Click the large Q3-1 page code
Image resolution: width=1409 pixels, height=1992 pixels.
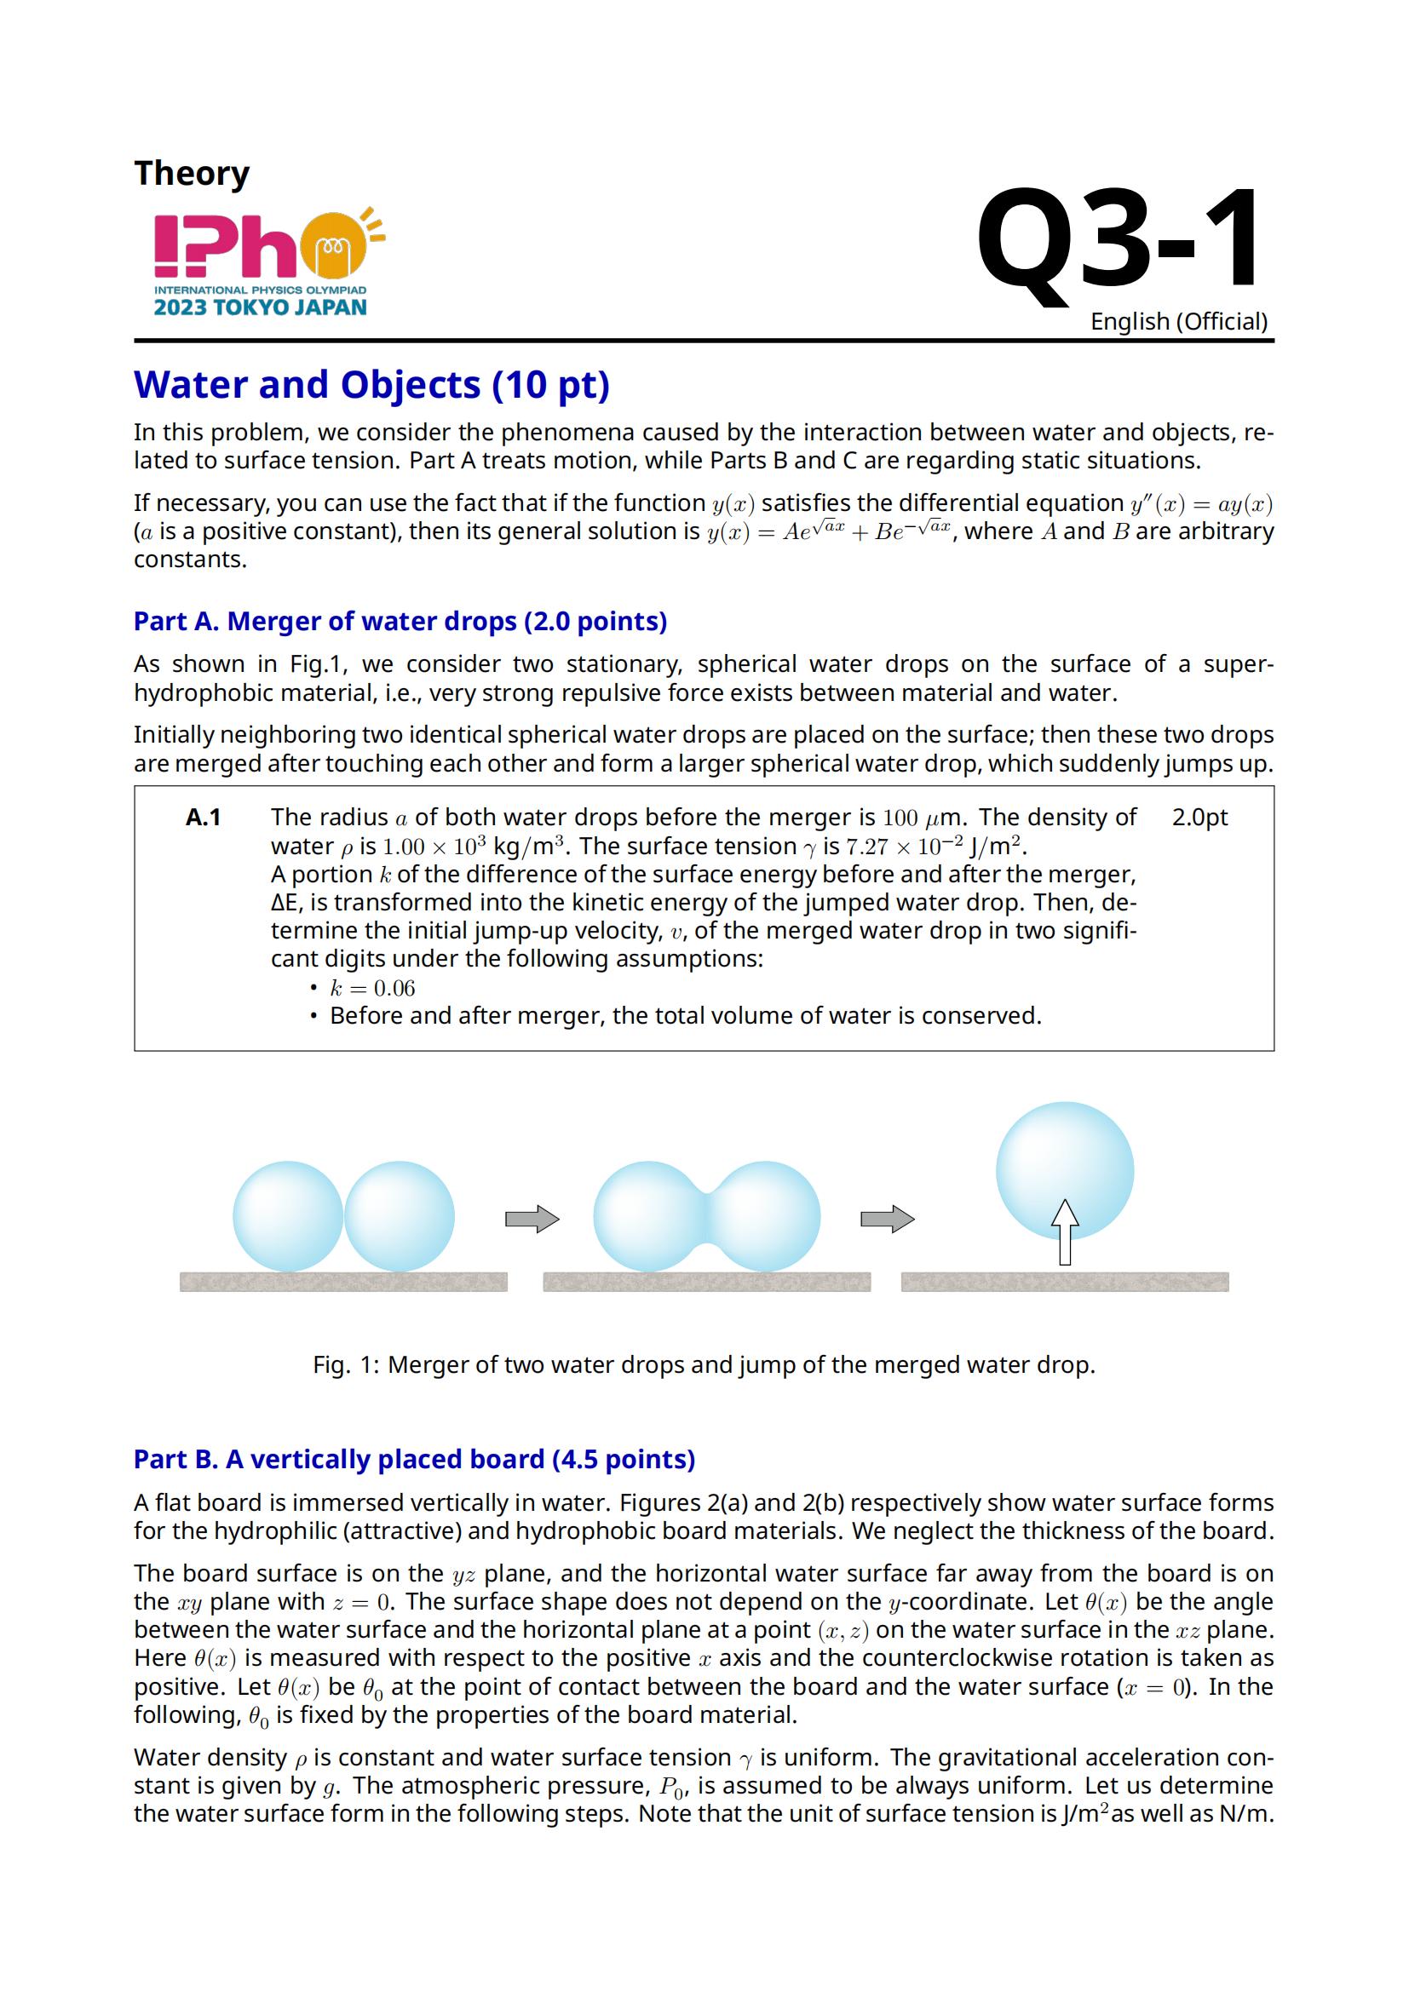pos(1119,240)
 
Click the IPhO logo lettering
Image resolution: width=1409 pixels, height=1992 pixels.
pos(227,246)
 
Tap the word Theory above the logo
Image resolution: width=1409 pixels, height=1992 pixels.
pos(192,174)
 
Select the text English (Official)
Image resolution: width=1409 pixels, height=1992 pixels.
pos(1178,322)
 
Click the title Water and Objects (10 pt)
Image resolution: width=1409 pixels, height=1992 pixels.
pos(371,384)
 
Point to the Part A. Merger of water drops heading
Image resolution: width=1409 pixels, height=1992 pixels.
pos(400,621)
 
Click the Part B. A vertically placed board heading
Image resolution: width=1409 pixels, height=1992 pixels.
pos(414,1460)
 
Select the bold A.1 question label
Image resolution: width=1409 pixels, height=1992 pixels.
pos(203,818)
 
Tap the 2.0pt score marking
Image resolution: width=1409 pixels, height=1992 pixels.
pos(1199,818)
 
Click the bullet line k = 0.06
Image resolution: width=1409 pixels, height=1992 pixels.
pos(372,988)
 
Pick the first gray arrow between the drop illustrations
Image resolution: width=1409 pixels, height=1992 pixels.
pos(532,1219)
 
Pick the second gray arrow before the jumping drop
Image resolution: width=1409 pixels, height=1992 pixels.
pos(887,1219)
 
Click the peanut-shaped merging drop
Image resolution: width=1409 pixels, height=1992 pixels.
pos(706,1215)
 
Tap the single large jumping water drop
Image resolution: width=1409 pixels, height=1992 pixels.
pos(1065,1162)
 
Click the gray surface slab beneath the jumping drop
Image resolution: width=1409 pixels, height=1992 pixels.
pos(1065,1282)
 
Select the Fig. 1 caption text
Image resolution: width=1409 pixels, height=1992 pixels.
pos(704,1364)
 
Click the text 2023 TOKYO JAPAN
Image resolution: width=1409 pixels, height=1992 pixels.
pos(261,307)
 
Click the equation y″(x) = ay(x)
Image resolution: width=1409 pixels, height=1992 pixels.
pos(1201,504)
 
